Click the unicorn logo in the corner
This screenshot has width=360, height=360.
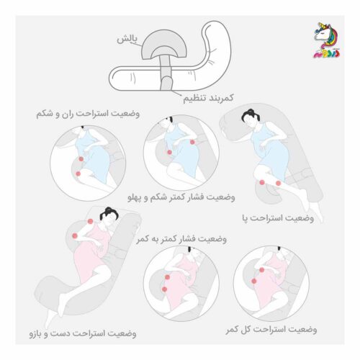tap(327, 40)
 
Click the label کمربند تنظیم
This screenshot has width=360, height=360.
tap(208, 99)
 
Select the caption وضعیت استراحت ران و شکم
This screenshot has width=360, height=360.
tap(88, 114)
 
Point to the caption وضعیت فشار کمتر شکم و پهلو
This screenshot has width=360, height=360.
tap(181, 197)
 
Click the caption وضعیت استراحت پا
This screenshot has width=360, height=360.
tap(278, 218)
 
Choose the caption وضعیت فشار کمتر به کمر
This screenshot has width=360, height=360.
tap(181, 239)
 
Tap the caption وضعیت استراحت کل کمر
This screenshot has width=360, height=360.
tap(271, 330)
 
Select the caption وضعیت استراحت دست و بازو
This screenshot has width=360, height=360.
tap(83, 333)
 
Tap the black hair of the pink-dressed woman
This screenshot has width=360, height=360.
tap(109, 213)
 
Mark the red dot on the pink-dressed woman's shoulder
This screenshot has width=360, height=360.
tap(90, 221)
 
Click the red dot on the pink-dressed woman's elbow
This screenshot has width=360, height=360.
tap(75, 236)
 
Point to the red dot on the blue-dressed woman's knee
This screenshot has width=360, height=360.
tap(262, 182)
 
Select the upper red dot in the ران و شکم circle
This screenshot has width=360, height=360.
tap(81, 159)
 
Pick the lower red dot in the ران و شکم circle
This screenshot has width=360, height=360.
tap(78, 174)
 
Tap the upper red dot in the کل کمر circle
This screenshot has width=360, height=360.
tap(262, 270)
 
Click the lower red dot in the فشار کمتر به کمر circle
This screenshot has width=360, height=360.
tap(164, 289)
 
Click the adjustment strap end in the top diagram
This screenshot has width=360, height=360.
tap(166, 84)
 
